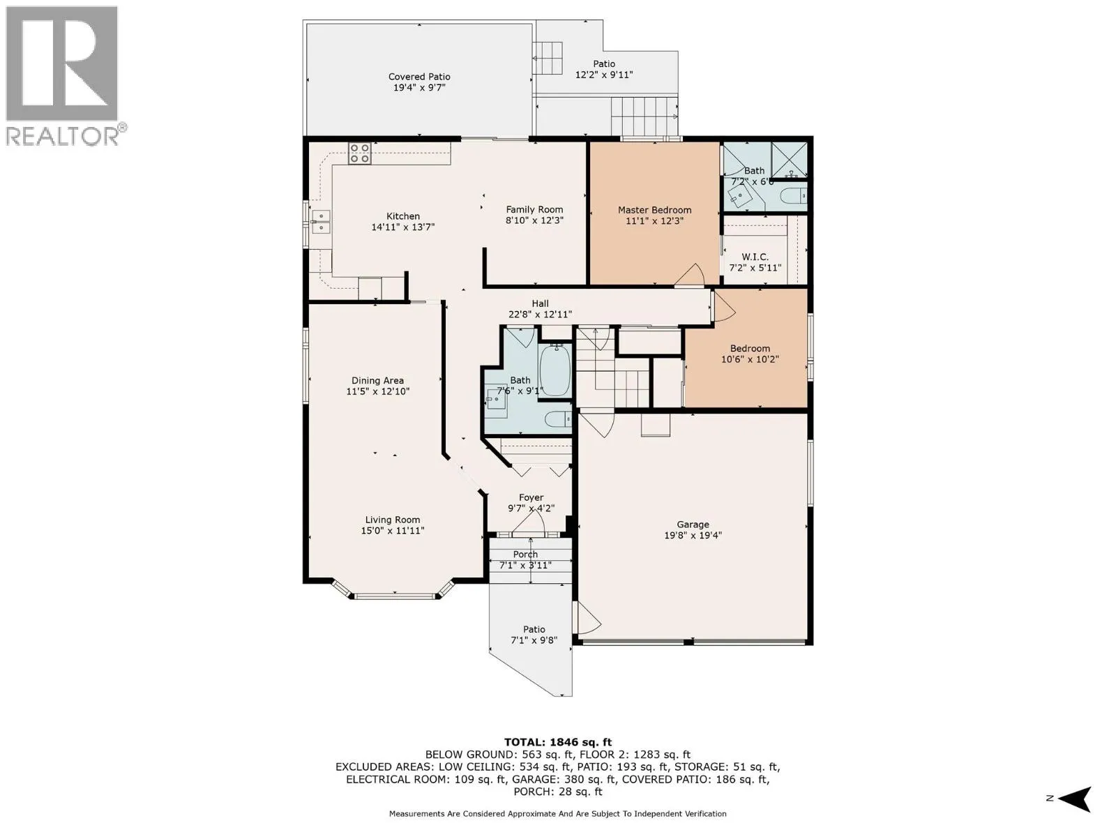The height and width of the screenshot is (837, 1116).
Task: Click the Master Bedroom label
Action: pyautogui.click(x=654, y=210)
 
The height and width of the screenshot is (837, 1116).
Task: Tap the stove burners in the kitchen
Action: pyautogui.click(x=359, y=153)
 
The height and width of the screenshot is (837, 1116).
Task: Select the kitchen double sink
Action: pyautogui.click(x=321, y=222)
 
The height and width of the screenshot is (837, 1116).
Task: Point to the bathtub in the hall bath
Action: pyautogui.click(x=556, y=370)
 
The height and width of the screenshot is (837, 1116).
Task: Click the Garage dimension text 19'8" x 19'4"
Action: pyautogui.click(x=693, y=535)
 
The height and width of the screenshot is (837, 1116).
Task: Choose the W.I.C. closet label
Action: pyautogui.click(x=755, y=257)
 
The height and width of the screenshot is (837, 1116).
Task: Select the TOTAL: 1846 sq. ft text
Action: pyautogui.click(x=558, y=742)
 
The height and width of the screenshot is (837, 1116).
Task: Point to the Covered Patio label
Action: pyautogui.click(x=419, y=77)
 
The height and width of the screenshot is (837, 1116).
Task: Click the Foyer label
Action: pyautogui.click(x=531, y=497)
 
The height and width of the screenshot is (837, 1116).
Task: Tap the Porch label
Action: pyautogui.click(x=525, y=555)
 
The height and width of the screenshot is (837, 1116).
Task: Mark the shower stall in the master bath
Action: pyautogui.click(x=789, y=160)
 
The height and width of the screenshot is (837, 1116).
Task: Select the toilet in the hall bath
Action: pyautogui.click(x=558, y=420)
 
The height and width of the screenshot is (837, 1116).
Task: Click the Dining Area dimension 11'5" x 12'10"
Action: pyautogui.click(x=377, y=391)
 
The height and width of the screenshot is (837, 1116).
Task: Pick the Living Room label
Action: pyautogui.click(x=392, y=520)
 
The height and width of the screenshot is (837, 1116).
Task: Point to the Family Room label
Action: pyautogui.click(x=534, y=209)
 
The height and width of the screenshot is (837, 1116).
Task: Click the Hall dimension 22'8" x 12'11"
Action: pyautogui.click(x=539, y=315)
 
